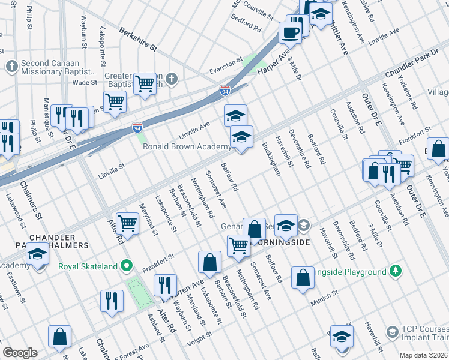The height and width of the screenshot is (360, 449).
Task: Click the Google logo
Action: tap(20, 353)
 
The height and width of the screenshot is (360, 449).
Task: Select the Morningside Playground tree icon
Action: tap(395, 272)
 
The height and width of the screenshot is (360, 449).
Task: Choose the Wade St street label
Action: tap(85, 83)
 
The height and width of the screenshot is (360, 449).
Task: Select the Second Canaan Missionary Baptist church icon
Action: tap(11, 65)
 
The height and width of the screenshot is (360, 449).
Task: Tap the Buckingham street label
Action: tap(271, 159)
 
